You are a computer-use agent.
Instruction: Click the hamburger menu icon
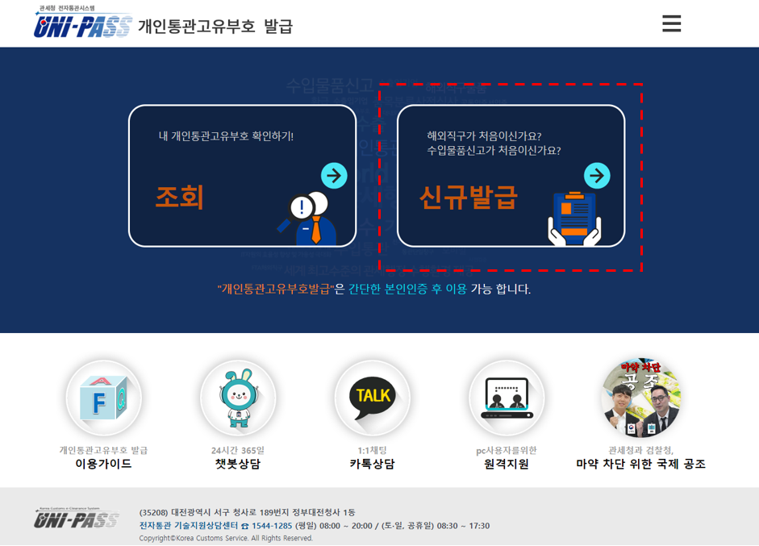671,24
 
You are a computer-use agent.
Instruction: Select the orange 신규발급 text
468,198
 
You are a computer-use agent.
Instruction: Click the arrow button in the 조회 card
334,175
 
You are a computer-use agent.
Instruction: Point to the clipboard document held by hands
574,218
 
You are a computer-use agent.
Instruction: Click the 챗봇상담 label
238,465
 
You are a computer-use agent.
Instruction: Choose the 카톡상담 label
372,465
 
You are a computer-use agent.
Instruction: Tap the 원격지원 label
507,465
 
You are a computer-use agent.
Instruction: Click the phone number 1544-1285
272,526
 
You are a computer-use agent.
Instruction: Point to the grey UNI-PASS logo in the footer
77,519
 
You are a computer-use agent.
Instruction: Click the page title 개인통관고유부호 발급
215,27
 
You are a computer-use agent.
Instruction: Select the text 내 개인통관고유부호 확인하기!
227,135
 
